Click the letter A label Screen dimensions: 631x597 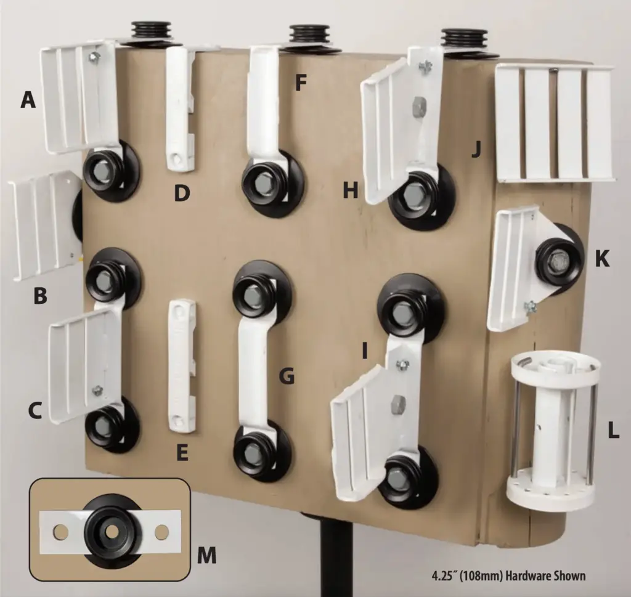(x=28, y=100)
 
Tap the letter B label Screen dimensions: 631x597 (x=40, y=296)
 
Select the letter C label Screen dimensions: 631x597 (x=35, y=410)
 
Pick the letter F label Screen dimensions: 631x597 (x=301, y=83)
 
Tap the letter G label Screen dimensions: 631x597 (x=287, y=376)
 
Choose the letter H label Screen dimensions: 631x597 (x=351, y=190)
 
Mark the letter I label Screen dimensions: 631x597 (x=365, y=350)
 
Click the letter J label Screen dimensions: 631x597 (x=476, y=149)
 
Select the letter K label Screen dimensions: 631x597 (x=601, y=259)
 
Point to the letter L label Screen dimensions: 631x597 (x=613, y=431)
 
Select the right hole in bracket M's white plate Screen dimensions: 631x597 (x=162, y=532)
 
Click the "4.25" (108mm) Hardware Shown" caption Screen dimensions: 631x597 (x=508, y=576)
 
